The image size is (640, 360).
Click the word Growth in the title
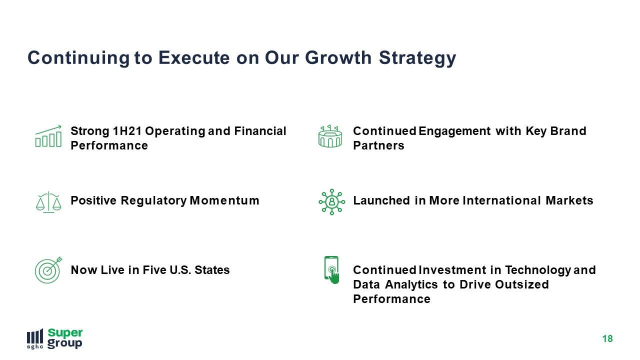point(338,57)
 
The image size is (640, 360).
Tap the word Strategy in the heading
point(417,58)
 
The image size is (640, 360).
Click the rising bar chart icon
point(48,136)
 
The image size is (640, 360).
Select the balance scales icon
point(48,202)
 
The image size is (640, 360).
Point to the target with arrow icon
point(48,269)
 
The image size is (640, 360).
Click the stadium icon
point(330,136)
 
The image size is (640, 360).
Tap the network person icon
point(331,202)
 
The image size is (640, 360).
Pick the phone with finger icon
point(331,270)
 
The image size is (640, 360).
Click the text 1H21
point(127,131)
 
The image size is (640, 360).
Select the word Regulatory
point(153,201)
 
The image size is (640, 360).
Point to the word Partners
point(378,145)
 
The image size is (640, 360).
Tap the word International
point(501,200)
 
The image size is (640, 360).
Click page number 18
point(607,339)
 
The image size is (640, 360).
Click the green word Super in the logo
point(65,333)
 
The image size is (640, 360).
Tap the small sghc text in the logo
point(35,347)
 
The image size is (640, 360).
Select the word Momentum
point(224,200)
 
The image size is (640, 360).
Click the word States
point(212,270)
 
